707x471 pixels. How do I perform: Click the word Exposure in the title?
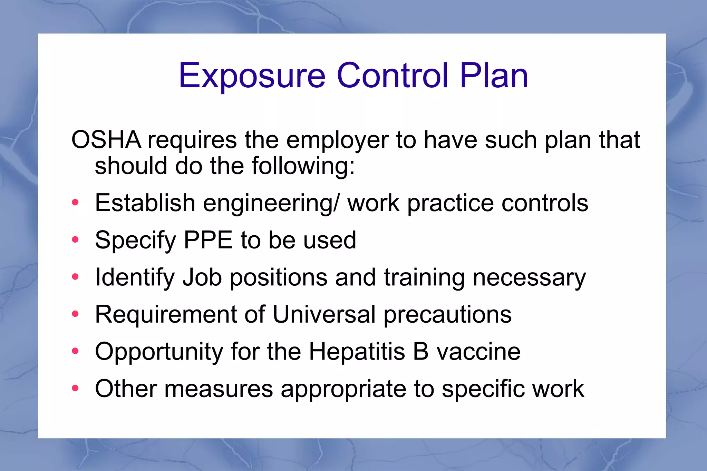(x=252, y=76)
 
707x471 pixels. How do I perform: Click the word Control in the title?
(x=393, y=75)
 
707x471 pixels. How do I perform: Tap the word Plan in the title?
(x=494, y=75)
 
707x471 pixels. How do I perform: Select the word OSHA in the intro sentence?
(x=106, y=140)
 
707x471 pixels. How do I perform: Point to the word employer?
(x=337, y=140)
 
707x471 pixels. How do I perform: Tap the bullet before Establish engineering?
(x=75, y=203)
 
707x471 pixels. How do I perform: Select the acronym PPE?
(x=208, y=240)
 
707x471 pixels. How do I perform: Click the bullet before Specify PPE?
(x=75, y=239)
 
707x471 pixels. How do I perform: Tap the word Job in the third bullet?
(x=202, y=277)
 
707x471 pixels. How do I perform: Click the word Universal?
(x=324, y=314)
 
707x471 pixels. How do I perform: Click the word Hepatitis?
(x=357, y=352)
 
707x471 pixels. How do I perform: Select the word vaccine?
(x=478, y=352)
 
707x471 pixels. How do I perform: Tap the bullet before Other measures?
(x=75, y=389)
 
